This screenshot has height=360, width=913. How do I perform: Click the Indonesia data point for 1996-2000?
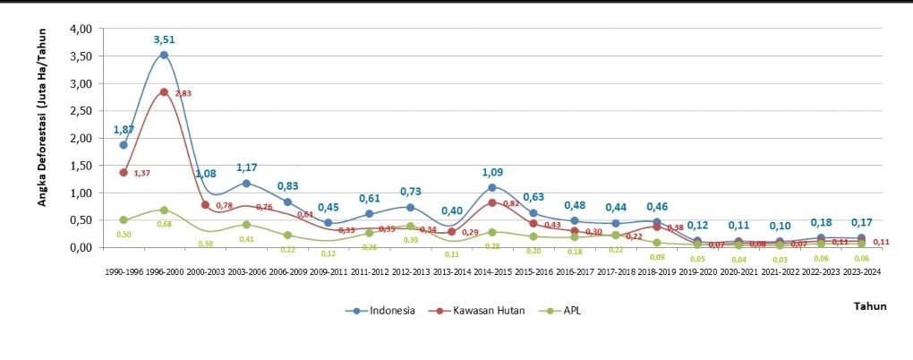point(164,55)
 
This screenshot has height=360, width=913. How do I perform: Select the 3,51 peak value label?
point(164,39)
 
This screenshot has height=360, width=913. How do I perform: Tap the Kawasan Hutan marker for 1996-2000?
point(164,91)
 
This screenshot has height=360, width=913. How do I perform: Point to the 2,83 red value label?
point(183,93)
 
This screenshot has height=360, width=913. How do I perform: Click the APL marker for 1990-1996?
point(124,219)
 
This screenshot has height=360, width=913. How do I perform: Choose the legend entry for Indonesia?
point(380,310)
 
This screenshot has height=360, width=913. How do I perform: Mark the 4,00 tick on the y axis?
point(81,29)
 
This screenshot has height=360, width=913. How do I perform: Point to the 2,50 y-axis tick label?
point(81,110)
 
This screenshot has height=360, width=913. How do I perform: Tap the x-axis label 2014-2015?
point(491,270)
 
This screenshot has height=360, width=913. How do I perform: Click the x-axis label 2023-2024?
point(861,270)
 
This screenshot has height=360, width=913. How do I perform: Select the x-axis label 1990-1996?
point(124,270)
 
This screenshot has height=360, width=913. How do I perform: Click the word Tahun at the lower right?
point(871,306)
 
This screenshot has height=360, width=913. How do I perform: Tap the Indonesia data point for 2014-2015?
point(491,187)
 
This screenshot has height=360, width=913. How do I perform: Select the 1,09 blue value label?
point(493,172)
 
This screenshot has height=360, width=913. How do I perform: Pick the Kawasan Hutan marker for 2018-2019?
point(656,227)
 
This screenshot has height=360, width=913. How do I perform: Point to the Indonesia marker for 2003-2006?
point(246,183)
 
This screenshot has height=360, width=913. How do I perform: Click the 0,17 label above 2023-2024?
point(861,223)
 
